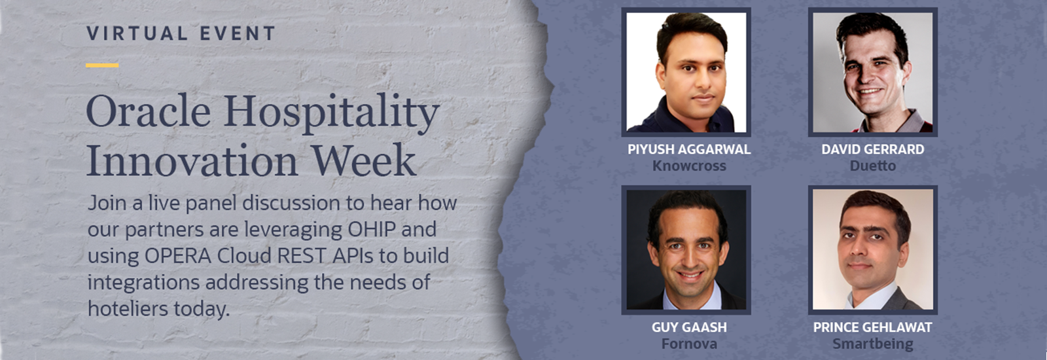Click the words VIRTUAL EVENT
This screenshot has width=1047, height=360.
181,33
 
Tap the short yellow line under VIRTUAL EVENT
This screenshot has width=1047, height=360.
102,65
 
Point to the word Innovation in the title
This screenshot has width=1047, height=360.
192,161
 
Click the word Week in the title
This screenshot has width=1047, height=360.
363,161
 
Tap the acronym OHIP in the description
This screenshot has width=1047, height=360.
372,230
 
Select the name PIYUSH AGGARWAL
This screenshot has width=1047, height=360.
689,149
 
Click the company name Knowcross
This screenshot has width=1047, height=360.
689,166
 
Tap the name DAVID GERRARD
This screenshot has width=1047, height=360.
873,149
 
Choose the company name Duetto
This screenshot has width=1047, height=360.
873,166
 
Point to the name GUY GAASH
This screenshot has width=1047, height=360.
689,327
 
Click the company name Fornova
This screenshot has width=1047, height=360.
689,344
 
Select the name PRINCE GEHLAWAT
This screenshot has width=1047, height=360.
873,327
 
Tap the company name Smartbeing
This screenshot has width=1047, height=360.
873,344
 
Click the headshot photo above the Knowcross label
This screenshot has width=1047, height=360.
686,72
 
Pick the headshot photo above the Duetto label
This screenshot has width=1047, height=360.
873,72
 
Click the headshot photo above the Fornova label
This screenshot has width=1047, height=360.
686,249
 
